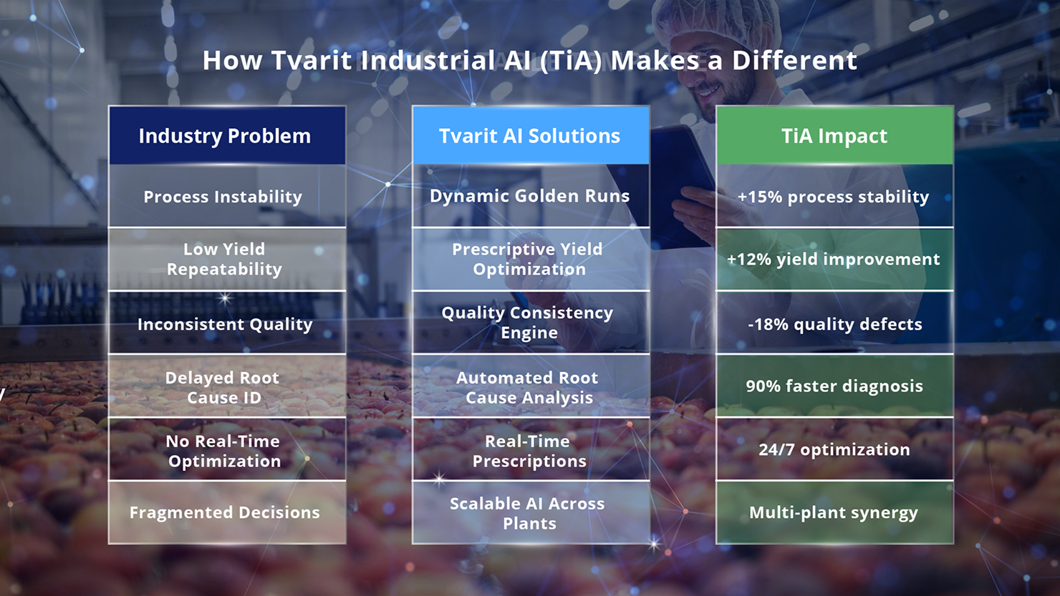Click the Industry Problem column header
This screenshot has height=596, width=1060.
pyautogui.click(x=227, y=136)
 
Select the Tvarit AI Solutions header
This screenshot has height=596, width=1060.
pyautogui.click(x=531, y=136)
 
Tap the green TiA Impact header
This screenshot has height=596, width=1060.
pyautogui.click(x=834, y=136)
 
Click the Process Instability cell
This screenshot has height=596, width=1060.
pyautogui.click(x=227, y=196)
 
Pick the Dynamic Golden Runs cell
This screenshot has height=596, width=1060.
pyautogui.click(x=531, y=196)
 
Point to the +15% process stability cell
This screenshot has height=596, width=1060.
pyautogui.click(x=834, y=196)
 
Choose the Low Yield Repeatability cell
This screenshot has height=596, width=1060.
pyautogui.click(x=227, y=259)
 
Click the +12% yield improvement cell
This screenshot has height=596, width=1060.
pyautogui.click(x=834, y=259)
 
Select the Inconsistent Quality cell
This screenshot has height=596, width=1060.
pyautogui.click(x=227, y=323)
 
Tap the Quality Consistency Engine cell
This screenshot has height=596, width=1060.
pyautogui.click(x=531, y=323)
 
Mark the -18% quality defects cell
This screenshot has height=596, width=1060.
pyautogui.click(x=834, y=323)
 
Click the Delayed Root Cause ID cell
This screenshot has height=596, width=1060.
pyautogui.click(x=227, y=386)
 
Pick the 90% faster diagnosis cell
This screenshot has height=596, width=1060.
pyautogui.click(x=834, y=386)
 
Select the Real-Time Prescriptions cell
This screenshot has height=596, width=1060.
pyautogui.click(x=531, y=449)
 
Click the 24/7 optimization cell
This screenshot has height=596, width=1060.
pyautogui.click(x=834, y=449)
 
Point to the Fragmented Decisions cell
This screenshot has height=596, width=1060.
pyautogui.click(x=227, y=512)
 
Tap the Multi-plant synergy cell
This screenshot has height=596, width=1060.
pyautogui.click(x=834, y=512)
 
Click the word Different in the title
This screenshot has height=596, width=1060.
pyautogui.click(x=794, y=61)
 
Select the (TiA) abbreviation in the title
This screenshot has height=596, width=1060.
pyautogui.click(x=570, y=61)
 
